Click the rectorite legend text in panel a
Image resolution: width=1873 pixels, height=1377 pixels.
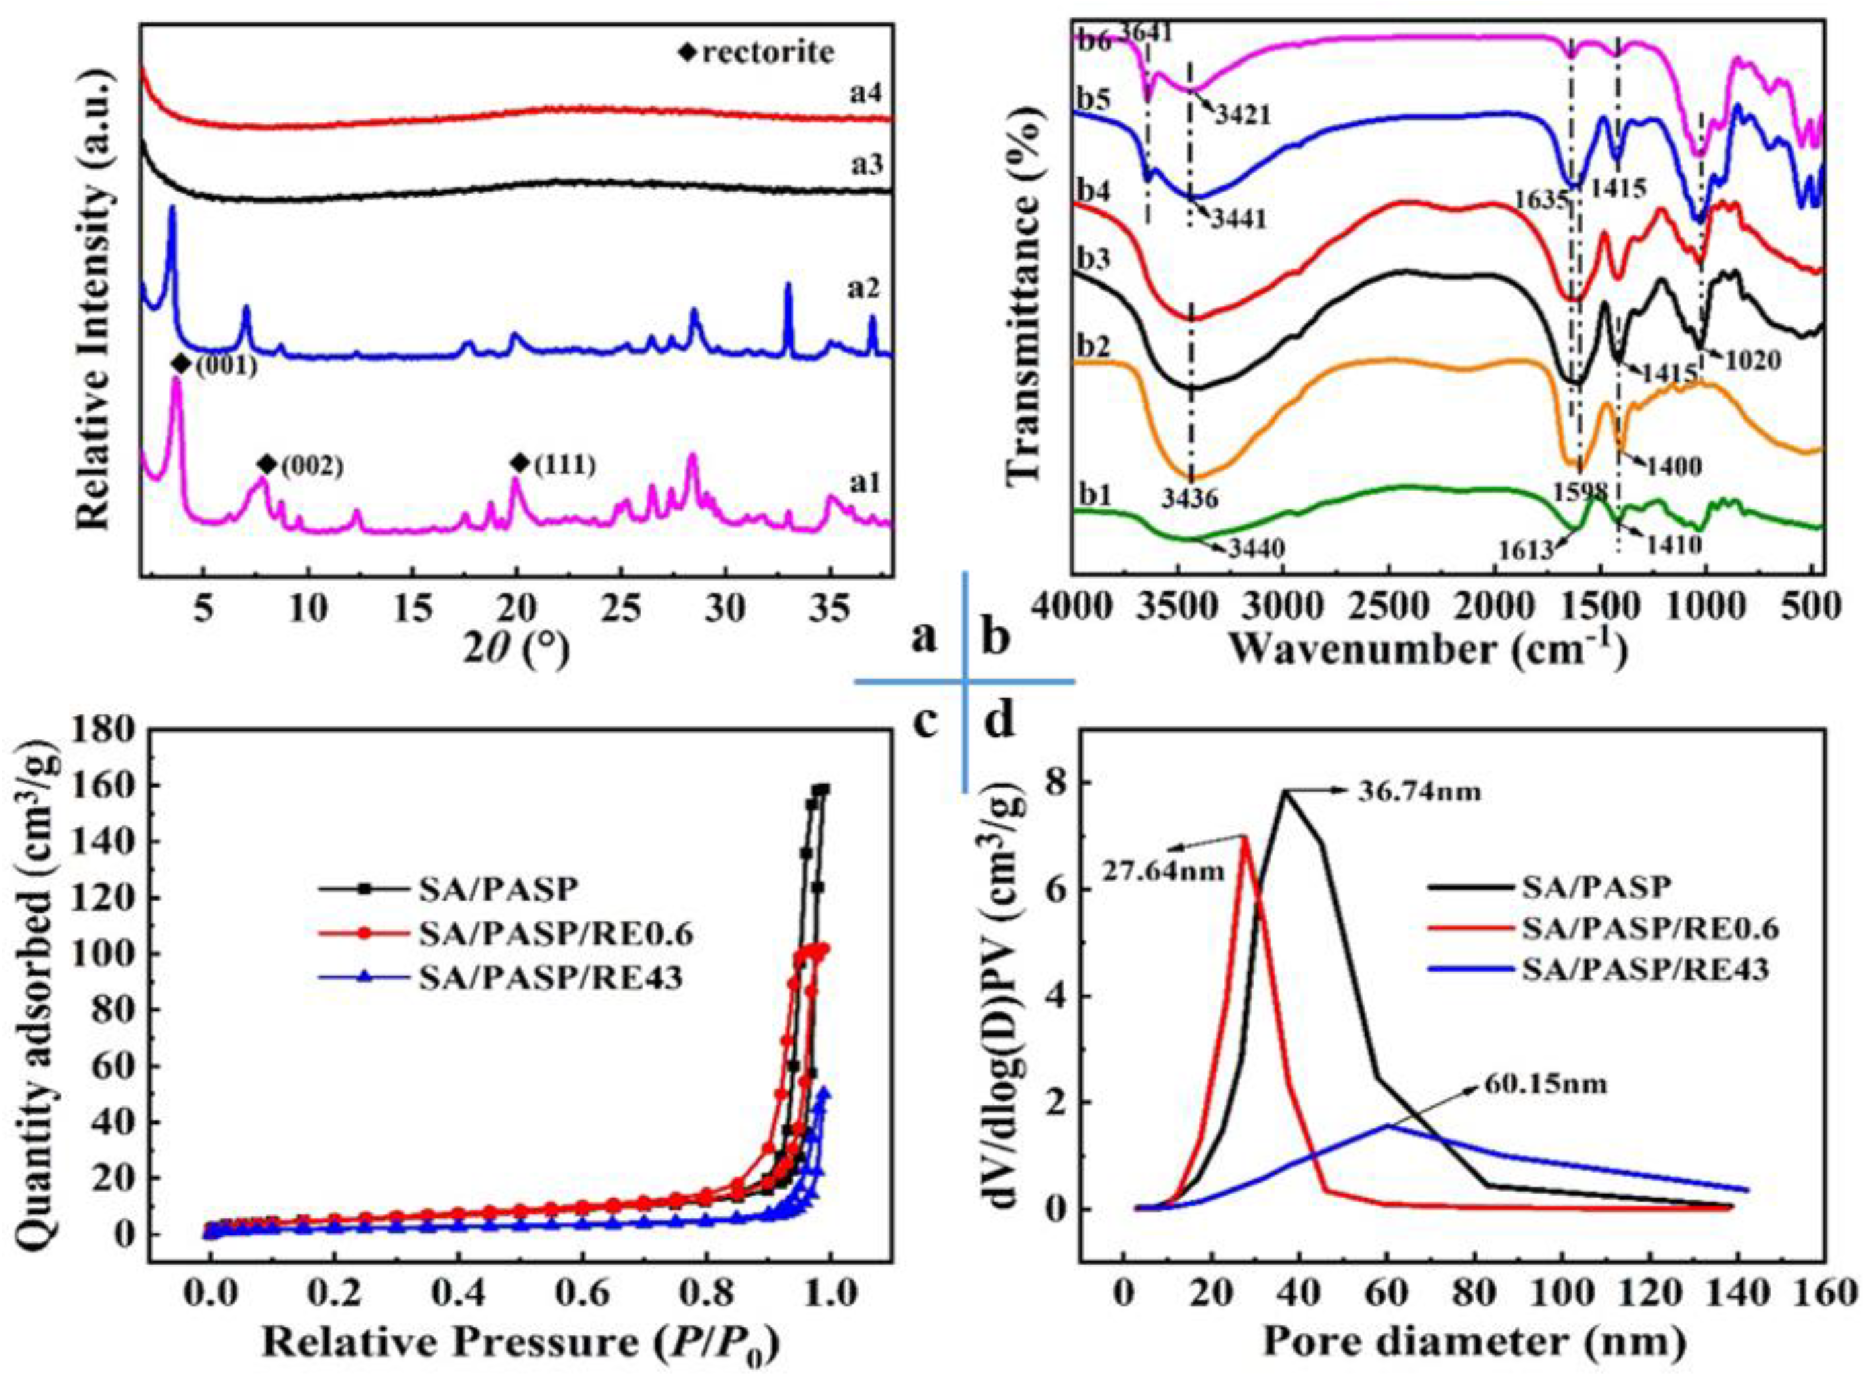766,52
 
